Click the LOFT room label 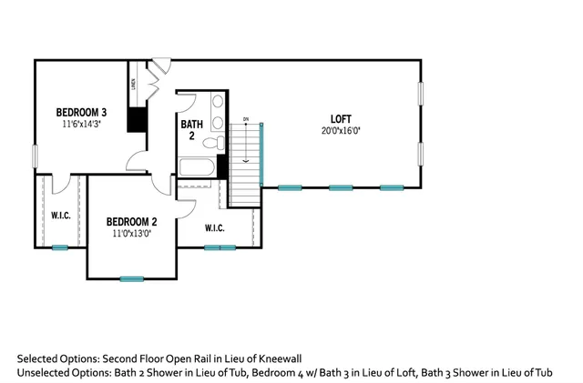click(x=341, y=118)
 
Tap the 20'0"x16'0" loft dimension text click(x=341, y=130)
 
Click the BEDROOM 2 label click(x=132, y=221)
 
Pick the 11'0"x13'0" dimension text click(x=132, y=233)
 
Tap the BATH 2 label click(x=191, y=129)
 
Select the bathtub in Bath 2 click(x=197, y=167)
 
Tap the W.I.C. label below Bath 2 click(x=216, y=227)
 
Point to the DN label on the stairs click(x=245, y=119)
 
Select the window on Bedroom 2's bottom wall click(x=132, y=278)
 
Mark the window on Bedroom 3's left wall click(x=35, y=156)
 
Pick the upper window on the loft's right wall click(x=421, y=94)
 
